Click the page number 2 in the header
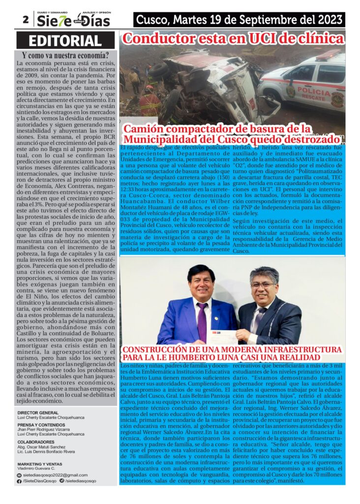tap(25, 20)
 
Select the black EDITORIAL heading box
tap(65, 41)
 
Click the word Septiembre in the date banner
tap(260, 20)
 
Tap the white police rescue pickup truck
tap(305, 79)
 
